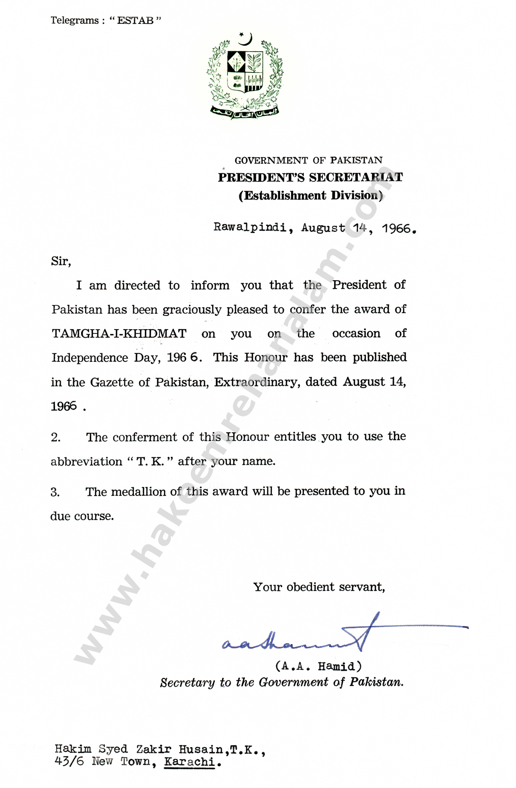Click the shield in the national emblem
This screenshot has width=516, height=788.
(244, 71)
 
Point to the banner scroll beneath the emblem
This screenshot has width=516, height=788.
(244, 112)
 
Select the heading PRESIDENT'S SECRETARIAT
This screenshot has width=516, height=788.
(310, 177)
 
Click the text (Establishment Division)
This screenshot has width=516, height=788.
(310, 196)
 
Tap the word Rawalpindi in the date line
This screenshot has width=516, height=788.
(250, 228)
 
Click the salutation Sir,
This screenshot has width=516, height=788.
(61, 261)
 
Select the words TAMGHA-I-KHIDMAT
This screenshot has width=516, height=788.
(119, 333)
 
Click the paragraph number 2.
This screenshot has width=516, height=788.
(56, 437)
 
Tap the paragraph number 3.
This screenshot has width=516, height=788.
(56, 492)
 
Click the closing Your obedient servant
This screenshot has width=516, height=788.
(319, 587)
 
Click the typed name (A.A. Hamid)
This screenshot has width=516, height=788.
(318, 666)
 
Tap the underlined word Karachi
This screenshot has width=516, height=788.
(189, 761)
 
